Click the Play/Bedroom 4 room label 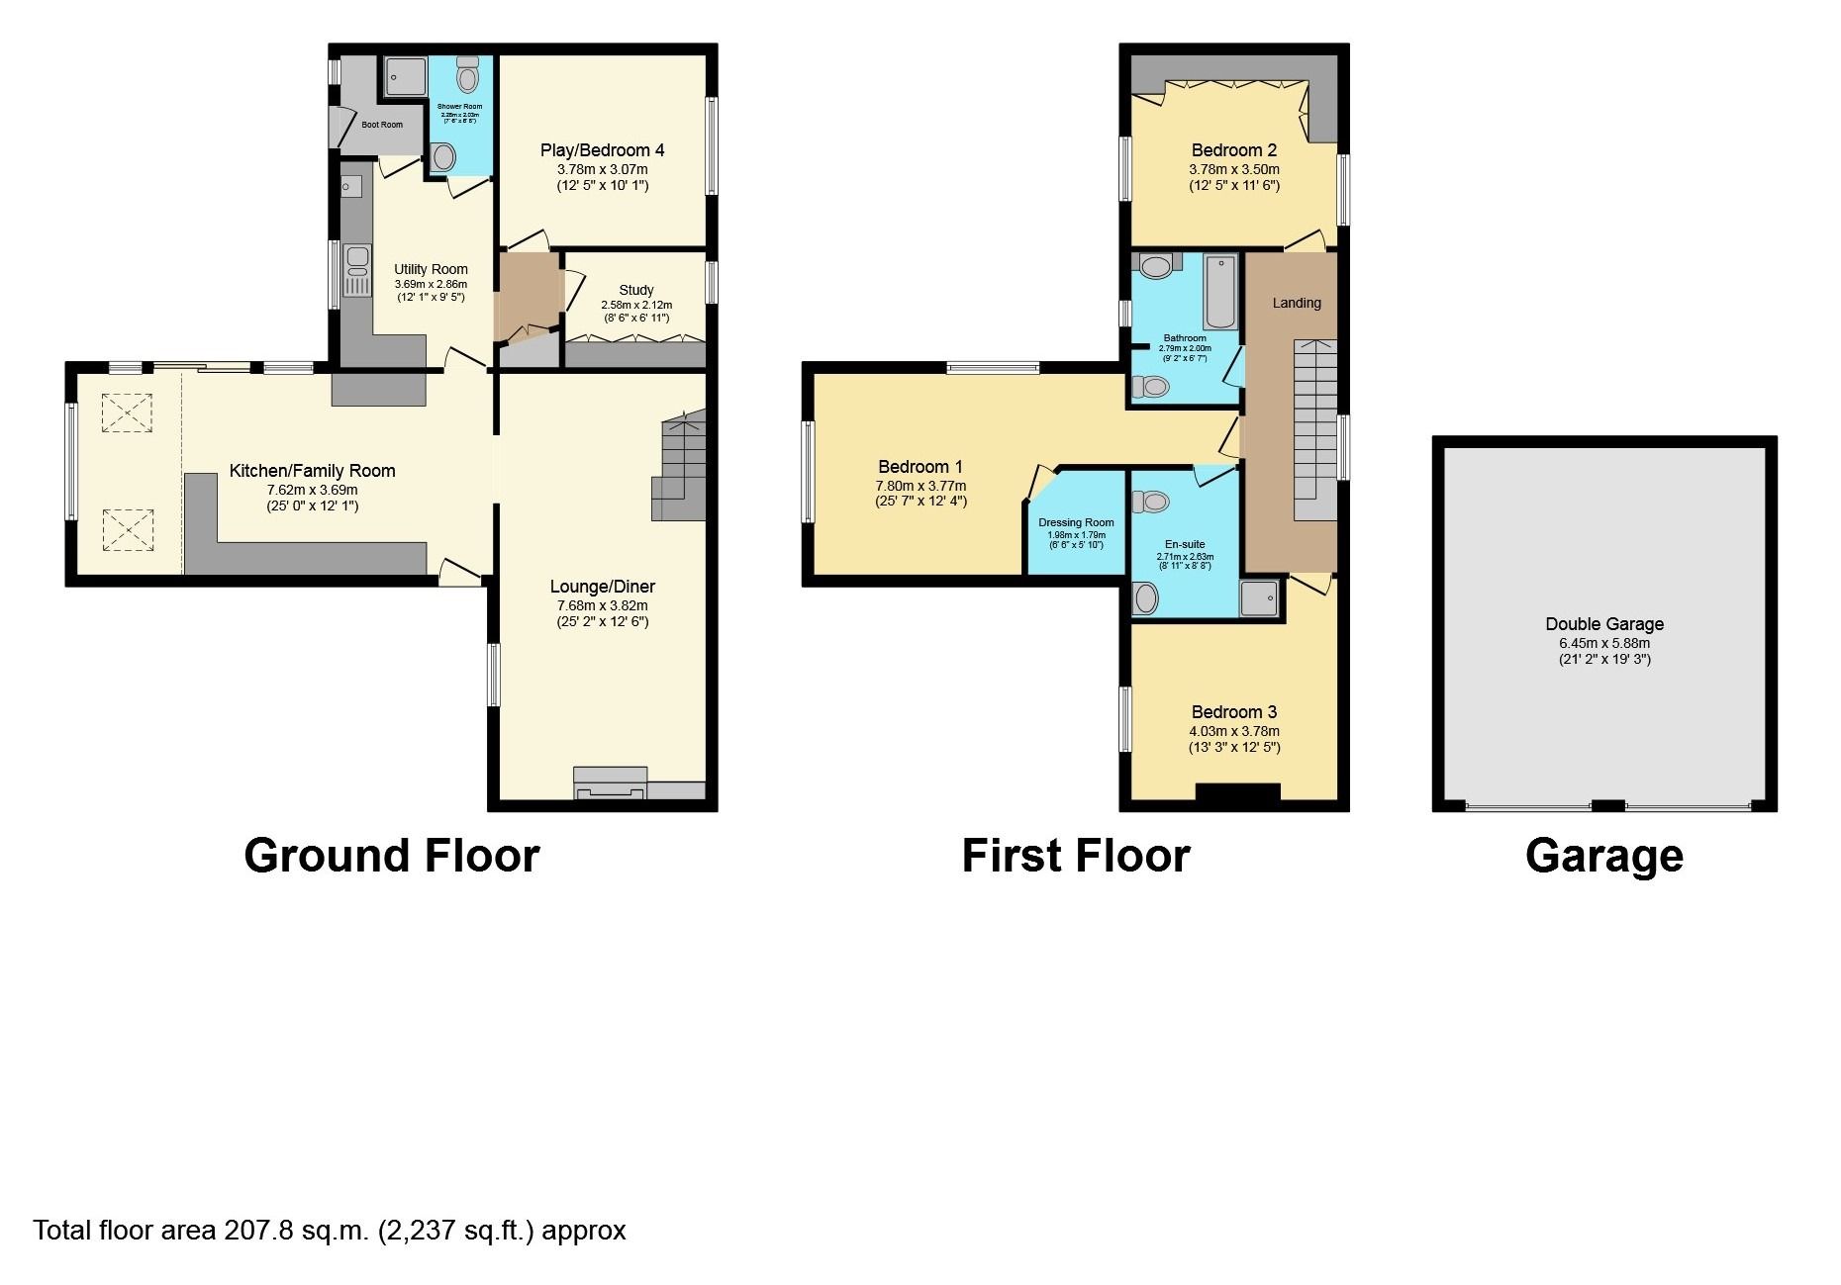tap(602, 150)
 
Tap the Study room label tap(636, 290)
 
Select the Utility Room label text tap(431, 269)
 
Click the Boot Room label tap(382, 125)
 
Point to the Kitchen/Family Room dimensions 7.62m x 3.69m tap(312, 490)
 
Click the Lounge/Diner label tap(602, 587)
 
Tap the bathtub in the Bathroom tap(1220, 291)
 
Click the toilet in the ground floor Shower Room tap(467, 76)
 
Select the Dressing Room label tap(1076, 522)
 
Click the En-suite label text tap(1185, 544)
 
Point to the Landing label tap(1297, 303)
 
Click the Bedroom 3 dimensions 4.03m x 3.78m tap(1234, 731)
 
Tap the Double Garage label tap(1604, 624)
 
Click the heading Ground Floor tap(392, 856)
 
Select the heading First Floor tap(1076, 856)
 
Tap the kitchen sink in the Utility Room tap(357, 261)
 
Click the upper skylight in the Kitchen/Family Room tap(128, 413)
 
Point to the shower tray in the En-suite tap(1259, 598)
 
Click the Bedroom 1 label tap(920, 467)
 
